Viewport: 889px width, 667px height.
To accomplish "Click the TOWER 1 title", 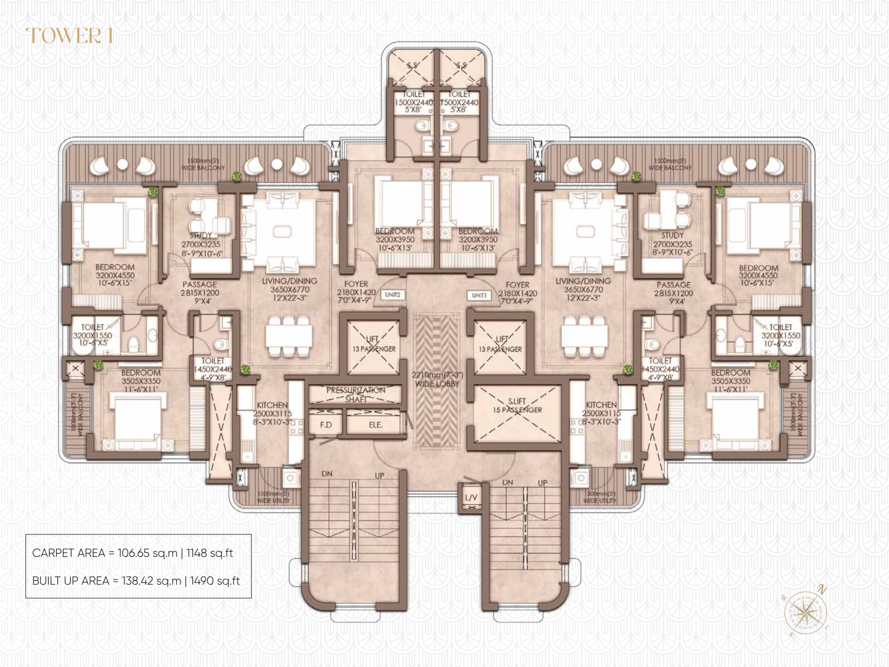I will [x=69, y=36].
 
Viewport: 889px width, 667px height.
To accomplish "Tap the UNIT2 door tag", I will [x=392, y=295].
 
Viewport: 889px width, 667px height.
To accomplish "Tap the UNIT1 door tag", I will [x=479, y=296].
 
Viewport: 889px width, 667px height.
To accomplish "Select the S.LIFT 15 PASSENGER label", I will [x=517, y=406].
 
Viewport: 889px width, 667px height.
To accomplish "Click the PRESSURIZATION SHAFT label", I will [x=356, y=394].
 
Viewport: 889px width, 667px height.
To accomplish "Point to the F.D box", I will [x=326, y=425].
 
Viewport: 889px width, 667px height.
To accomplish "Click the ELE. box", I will [x=375, y=425].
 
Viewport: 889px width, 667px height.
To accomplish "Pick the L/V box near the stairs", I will [x=471, y=498].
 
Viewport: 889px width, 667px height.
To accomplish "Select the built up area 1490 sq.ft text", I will [x=215, y=581].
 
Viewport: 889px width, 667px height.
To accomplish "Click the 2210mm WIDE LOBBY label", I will [x=437, y=379].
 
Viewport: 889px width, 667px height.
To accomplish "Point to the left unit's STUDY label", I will [x=201, y=244].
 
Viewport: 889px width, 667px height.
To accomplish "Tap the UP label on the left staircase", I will [x=380, y=475].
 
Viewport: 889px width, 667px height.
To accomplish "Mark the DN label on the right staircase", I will [x=508, y=482].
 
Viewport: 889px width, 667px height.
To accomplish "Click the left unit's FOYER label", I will [x=356, y=292].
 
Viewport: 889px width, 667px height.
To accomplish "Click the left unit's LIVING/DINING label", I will [x=290, y=289].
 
